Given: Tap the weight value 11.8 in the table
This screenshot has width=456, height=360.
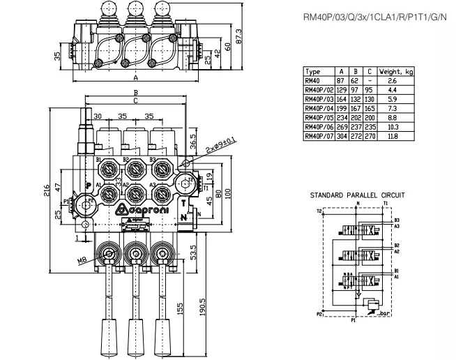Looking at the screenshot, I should [x=393, y=137].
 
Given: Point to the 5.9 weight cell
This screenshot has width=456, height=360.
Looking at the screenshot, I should [x=393, y=99].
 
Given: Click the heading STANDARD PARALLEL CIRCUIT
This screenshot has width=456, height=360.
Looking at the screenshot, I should [x=358, y=196].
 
